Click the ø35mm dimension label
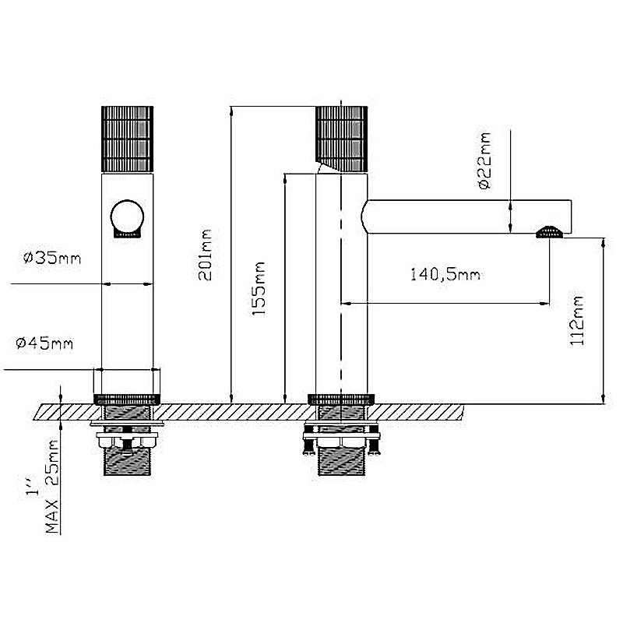(52, 259)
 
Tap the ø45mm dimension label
(44, 343)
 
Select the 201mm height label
(206, 255)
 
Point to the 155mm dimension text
(259, 289)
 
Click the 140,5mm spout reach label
(445, 275)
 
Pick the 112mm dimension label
(577, 320)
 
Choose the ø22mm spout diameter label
(485, 160)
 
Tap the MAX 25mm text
(52, 486)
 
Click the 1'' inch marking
(33, 487)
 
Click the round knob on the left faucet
(127, 216)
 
